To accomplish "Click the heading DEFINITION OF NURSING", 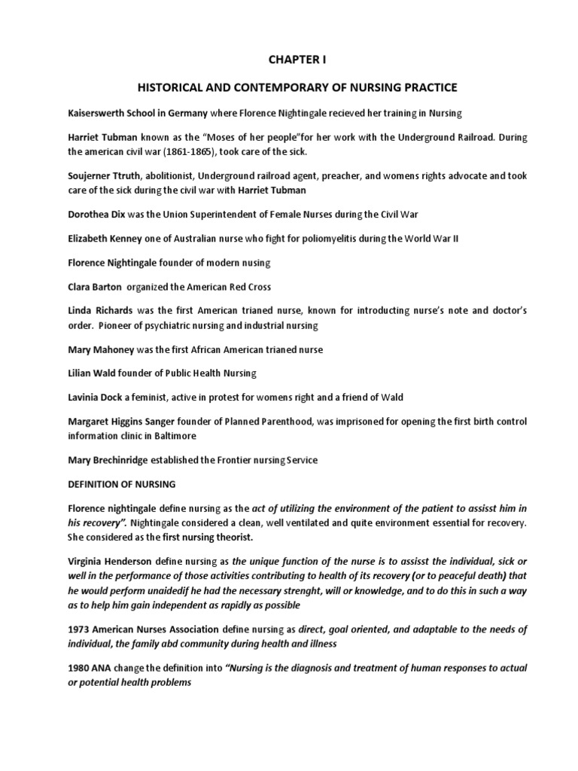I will [x=123, y=484].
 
